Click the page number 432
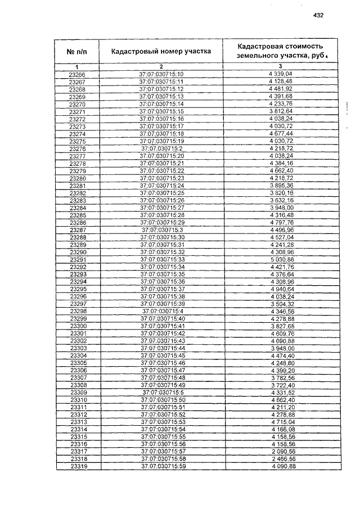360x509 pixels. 318,15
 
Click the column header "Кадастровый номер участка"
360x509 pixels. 161,52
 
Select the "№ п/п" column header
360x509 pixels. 76,52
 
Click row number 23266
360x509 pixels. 77,74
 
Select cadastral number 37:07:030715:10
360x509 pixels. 161,74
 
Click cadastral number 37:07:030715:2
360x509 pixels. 161,148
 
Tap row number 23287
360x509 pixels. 77,230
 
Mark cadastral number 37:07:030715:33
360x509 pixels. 161,260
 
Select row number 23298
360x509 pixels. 77,311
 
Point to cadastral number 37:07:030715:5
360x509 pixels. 161,393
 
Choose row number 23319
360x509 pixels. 77,466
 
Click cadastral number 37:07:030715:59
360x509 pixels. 161,466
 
